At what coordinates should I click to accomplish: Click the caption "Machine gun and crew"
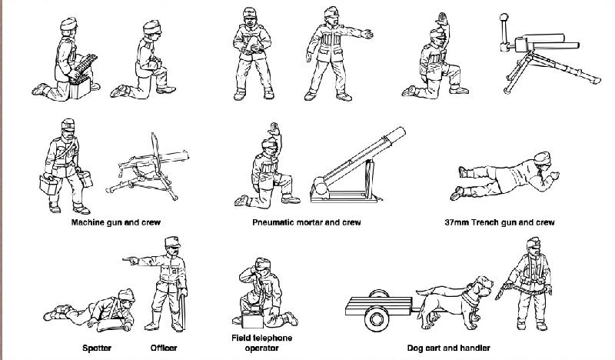click(x=116, y=222)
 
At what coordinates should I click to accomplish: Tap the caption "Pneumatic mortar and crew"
click(x=306, y=222)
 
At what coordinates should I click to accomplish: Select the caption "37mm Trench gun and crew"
click(x=499, y=222)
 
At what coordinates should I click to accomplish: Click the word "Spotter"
click(x=97, y=348)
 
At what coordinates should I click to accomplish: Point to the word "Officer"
click(x=164, y=348)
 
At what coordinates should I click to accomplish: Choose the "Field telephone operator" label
click(x=261, y=343)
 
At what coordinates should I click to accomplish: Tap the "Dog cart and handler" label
click(x=448, y=348)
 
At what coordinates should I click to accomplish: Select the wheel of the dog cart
click(x=377, y=318)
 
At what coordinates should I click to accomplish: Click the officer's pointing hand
click(x=130, y=260)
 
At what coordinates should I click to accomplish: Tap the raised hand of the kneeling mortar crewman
click(x=274, y=129)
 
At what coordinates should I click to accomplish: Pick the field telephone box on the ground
click(x=252, y=319)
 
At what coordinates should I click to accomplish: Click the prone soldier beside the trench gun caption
click(x=505, y=176)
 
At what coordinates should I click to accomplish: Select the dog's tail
click(x=430, y=291)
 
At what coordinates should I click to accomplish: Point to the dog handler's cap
click(x=534, y=242)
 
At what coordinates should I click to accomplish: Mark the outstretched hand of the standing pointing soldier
click(x=367, y=34)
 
